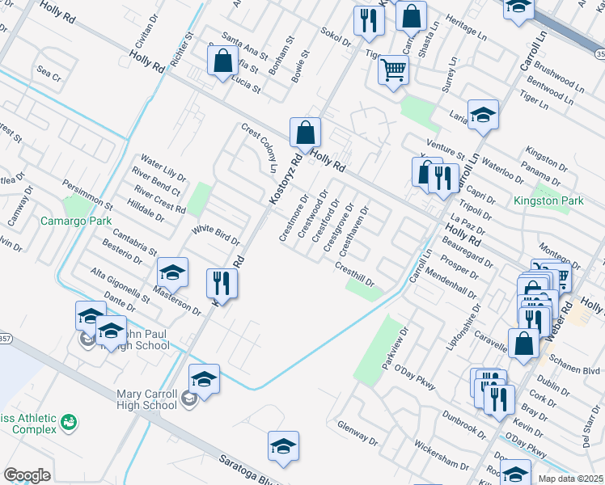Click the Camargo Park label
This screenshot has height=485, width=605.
[x=76, y=221]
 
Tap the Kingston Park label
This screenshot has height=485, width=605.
[x=548, y=200]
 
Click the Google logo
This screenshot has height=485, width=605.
[x=27, y=475]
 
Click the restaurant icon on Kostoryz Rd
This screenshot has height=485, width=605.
[x=221, y=284]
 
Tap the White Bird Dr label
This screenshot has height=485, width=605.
[x=216, y=236]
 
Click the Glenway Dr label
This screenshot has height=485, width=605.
[x=358, y=437]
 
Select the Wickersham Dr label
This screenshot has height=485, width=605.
[x=437, y=457]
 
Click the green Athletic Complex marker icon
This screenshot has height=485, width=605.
[x=70, y=422]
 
